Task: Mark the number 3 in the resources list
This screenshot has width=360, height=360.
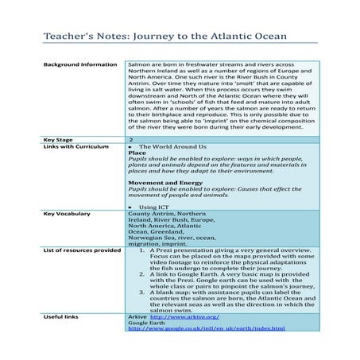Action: [x=140, y=291]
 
